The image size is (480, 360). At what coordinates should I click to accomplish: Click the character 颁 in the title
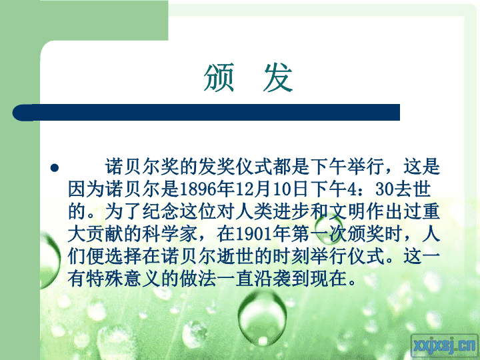coord(219,78)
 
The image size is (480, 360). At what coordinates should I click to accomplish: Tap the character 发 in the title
coord(278,78)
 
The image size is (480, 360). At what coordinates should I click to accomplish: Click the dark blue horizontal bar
coord(206,113)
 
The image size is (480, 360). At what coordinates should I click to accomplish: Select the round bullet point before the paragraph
coord(55,168)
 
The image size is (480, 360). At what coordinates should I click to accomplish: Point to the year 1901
coord(254,235)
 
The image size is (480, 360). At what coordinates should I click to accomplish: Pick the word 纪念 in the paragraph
coord(161,212)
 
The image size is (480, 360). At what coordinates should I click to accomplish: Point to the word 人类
coord(254,212)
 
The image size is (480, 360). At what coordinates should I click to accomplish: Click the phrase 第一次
coord(319,235)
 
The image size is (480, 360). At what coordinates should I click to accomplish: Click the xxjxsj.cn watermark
coord(445,346)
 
